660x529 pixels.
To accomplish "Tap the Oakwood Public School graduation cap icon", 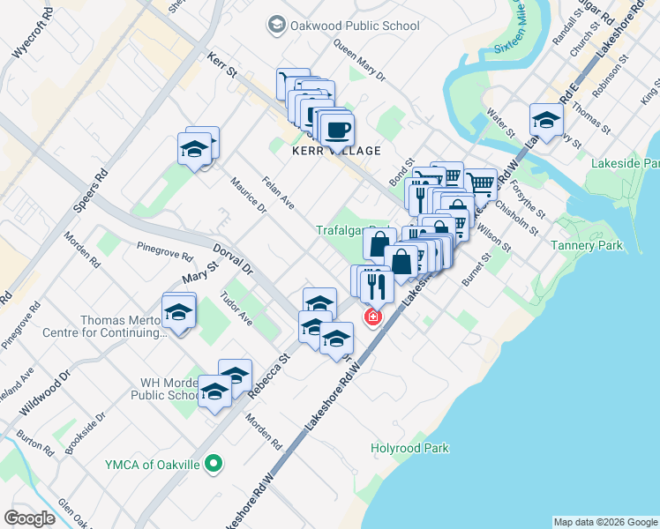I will click(278, 26).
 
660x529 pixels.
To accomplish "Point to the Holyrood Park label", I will click(409, 448).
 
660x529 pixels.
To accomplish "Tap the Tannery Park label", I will click(586, 245).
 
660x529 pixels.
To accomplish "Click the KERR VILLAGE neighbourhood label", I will click(336, 151).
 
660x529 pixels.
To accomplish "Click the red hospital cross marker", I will click(372, 316).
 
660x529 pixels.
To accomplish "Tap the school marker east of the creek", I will click(546, 121).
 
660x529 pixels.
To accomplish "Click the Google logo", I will click(29, 518).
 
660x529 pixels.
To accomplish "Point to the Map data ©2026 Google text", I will click(604, 522).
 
